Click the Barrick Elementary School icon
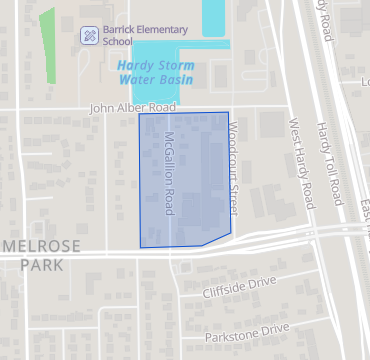[x=89, y=35]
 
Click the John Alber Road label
[x=132, y=107]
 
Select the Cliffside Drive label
[x=238, y=290]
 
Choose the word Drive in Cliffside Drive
[x=259, y=286]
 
